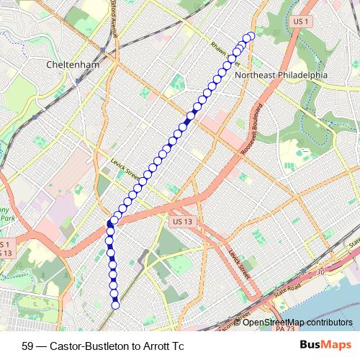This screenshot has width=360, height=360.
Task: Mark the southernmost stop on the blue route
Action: (x=115, y=305)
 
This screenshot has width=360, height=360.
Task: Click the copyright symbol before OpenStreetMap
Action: (x=239, y=322)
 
